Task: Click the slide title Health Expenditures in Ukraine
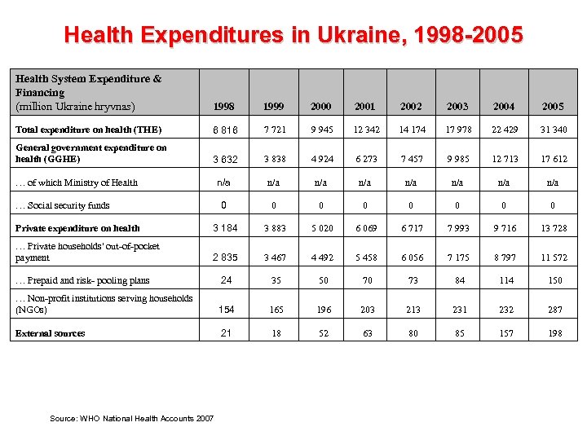[293, 35]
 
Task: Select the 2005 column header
[553, 107]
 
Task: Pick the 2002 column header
[412, 107]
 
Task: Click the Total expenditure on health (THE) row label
[89, 130]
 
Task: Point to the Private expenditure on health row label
[77, 228]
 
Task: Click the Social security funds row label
[63, 205]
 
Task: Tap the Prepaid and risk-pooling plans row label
[82, 280]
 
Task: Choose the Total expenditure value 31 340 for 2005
[553, 130]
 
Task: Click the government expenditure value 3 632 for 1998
[224, 160]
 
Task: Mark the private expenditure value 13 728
[553, 228]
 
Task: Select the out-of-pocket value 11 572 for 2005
[553, 258]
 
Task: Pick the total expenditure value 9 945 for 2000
[321, 130]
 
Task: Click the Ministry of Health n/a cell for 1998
[224, 183]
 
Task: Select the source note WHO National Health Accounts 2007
[132, 418]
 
